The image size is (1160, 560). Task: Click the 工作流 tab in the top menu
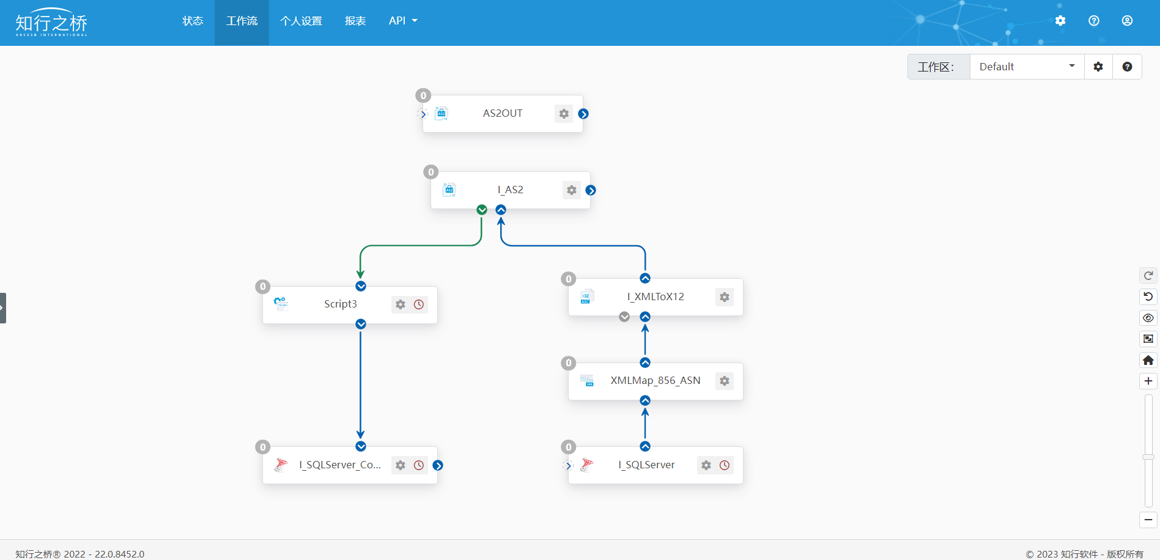[242, 21]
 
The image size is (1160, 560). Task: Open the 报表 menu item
[355, 21]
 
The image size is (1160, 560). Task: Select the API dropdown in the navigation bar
[403, 21]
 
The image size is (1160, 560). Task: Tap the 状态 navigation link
[193, 21]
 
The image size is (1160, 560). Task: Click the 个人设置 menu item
[301, 21]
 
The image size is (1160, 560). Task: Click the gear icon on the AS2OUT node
[564, 114]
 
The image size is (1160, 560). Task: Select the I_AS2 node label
[511, 190]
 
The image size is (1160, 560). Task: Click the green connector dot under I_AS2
[482, 210]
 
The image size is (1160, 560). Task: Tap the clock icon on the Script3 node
[419, 304]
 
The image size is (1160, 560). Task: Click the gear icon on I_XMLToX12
[725, 297]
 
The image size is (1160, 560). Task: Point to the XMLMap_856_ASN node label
[656, 380]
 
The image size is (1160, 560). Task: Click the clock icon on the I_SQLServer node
[725, 465]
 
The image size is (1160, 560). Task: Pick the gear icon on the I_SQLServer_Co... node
[401, 465]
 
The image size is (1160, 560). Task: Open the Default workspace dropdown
[1027, 67]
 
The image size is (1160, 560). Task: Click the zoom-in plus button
[1148, 381]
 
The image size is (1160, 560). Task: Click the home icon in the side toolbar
[1148, 360]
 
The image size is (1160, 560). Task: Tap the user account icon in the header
[1127, 21]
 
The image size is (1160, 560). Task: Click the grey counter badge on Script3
[263, 286]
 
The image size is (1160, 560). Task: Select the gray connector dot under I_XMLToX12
[624, 317]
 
